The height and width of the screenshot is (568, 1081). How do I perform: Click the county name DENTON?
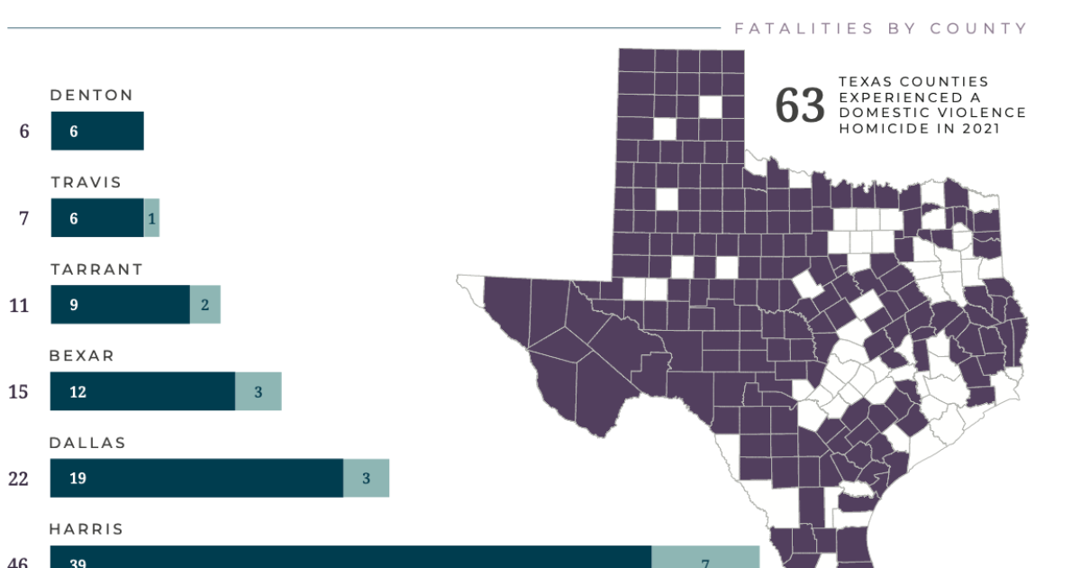tap(92, 96)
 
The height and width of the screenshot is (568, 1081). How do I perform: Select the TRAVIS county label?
tap(86, 183)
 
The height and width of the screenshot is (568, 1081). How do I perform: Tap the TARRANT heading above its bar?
tap(96, 270)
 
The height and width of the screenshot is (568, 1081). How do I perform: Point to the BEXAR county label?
tap(82, 356)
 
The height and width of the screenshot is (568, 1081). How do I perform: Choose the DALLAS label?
tap(87, 444)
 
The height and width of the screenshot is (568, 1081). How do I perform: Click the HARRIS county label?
tap(86, 529)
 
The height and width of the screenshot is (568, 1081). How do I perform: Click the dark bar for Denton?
tap(97, 131)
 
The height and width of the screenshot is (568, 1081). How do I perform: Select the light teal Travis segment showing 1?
tap(151, 218)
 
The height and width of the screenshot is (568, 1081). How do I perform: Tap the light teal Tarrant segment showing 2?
tap(204, 305)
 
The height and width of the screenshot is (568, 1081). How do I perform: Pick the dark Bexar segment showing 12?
tap(142, 391)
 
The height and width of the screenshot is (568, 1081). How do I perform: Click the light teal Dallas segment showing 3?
tap(366, 478)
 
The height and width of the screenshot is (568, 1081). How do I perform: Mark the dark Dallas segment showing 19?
tap(196, 478)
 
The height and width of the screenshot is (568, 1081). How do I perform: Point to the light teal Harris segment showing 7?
tap(705, 559)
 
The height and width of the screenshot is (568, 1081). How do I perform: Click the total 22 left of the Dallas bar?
tap(19, 479)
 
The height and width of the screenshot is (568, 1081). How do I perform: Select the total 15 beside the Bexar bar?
tap(19, 392)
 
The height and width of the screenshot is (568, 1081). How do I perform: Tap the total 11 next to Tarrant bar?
tap(19, 306)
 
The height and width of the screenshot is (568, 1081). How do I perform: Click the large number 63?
tap(800, 106)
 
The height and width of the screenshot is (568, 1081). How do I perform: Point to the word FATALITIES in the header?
tap(792, 29)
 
